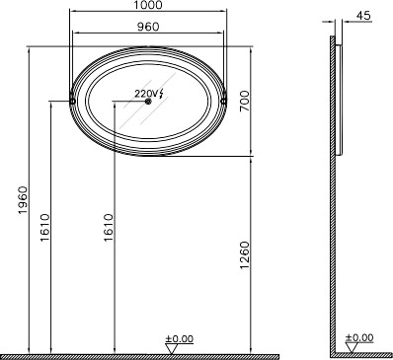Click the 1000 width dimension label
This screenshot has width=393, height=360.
148,5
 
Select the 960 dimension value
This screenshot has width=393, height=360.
148,27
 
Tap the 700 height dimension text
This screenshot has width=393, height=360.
245,101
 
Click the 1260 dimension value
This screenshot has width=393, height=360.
245,254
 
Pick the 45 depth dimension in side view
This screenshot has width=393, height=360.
363,16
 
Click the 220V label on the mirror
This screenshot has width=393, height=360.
144,94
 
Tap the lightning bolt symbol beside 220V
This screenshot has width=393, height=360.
160,94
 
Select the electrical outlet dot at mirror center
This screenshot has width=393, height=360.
148,102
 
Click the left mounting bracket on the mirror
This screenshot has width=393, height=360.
72,101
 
